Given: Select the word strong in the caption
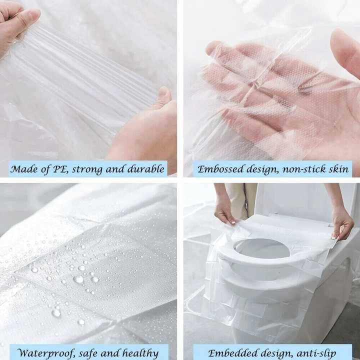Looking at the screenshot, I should point(90,169).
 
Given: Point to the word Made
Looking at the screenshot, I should point(24,169).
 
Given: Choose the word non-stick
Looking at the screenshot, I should point(299,169).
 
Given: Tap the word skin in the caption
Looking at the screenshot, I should point(337,169).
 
